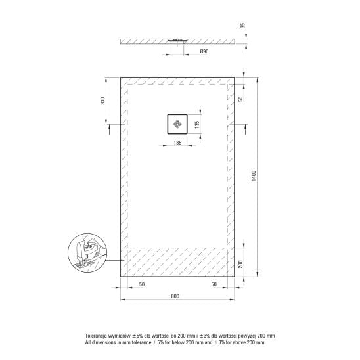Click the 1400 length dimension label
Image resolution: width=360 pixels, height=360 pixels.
click(x=253, y=176)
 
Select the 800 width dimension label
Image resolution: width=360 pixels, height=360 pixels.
click(x=175, y=296)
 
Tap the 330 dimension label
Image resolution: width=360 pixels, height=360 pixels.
click(x=102, y=101)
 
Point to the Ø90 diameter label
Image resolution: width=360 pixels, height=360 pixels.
click(x=204, y=51)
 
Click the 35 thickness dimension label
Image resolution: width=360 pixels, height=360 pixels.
click(x=242, y=26)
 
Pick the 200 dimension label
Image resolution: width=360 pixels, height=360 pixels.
click(x=240, y=264)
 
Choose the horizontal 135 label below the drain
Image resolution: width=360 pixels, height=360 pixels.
click(x=177, y=143)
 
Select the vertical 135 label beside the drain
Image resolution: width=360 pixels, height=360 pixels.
click(x=197, y=124)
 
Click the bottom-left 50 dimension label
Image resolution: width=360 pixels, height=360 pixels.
click(x=142, y=284)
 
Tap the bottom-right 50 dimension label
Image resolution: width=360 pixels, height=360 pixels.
click(x=214, y=284)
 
